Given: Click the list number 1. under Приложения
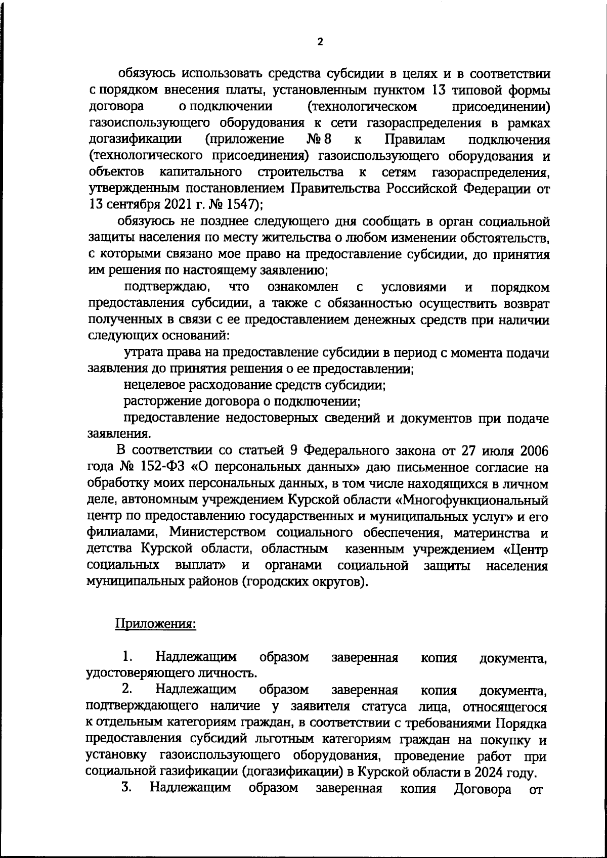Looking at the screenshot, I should (x=126, y=657).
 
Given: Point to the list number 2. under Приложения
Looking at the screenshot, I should (x=126, y=689).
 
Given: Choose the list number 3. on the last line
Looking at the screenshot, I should (x=126, y=787).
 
